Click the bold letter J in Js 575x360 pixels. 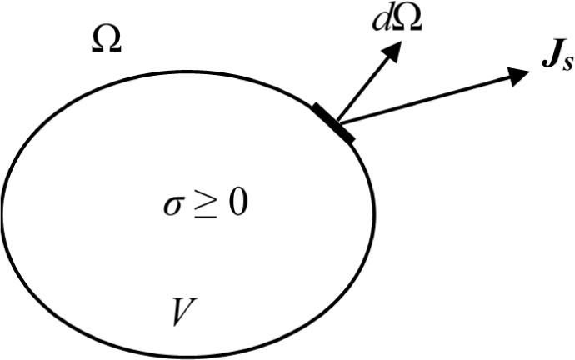pos(544,64)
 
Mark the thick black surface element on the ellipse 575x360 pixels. pos(334,122)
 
